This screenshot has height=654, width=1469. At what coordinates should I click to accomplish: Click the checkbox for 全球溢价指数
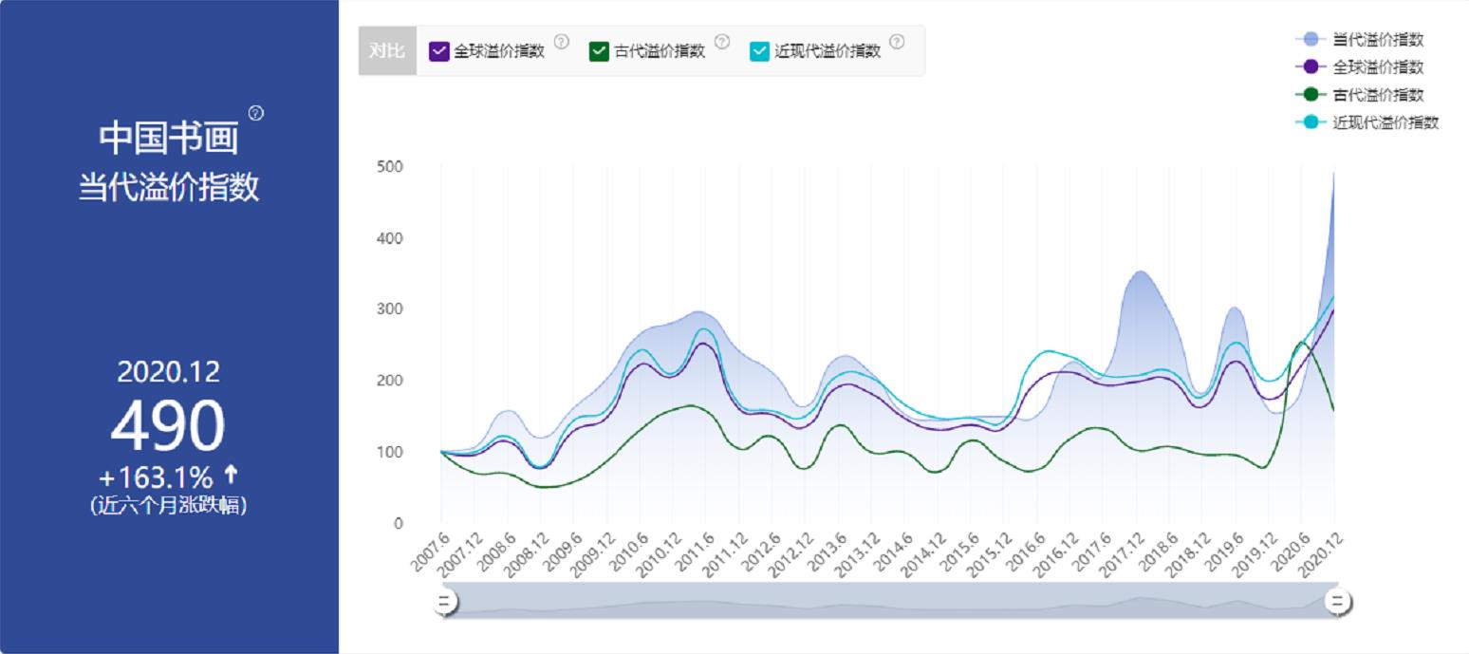point(438,51)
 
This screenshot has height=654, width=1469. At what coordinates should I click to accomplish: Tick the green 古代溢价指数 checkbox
point(599,51)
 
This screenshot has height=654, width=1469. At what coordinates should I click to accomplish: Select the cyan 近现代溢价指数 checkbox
point(759,51)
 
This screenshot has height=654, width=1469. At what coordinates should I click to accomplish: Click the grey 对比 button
point(387,51)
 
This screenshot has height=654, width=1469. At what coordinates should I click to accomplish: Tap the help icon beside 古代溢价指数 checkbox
point(722,42)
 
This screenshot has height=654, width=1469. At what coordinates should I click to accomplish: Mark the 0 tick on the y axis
point(399,523)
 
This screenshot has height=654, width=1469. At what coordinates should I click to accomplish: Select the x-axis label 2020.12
point(1323,553)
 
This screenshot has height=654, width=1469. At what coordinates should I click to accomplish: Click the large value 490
point(168,426)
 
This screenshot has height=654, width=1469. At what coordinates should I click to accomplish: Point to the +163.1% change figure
point(157,476)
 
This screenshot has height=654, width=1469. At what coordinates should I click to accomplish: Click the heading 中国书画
point(168,137)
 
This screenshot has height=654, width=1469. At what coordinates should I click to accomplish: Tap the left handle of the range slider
point(445,602)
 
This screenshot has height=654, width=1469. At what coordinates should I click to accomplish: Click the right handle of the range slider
point(1338,602)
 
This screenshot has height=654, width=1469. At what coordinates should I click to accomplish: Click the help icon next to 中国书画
point(256,114)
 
